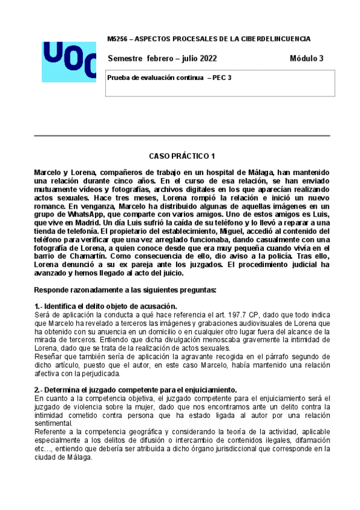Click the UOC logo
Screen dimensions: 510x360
tap(69, 61)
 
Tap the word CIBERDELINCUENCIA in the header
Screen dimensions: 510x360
tap(278, 39)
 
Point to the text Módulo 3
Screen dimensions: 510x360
tap(306, 58)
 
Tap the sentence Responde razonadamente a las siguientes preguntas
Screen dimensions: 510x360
tap(126, 290)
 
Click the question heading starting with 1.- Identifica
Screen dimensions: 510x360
tap(105, 306)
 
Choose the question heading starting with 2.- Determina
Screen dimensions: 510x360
tap(136, 389)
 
